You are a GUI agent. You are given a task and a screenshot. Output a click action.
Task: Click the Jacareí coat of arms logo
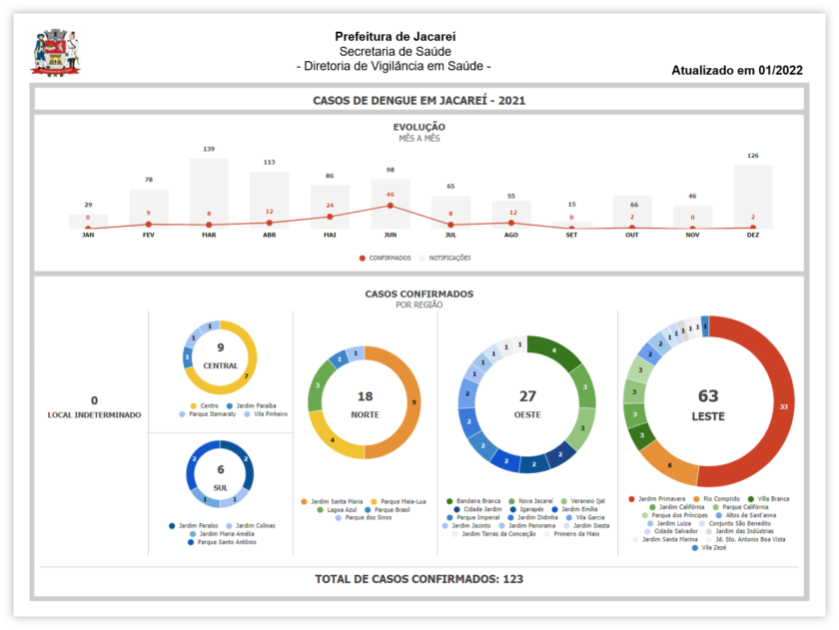pos(54,53)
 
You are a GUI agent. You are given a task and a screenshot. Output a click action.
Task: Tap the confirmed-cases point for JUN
pos(390,206)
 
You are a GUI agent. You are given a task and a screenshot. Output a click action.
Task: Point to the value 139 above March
pos(209,149)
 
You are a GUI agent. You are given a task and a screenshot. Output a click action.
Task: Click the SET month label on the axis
pos(571,236)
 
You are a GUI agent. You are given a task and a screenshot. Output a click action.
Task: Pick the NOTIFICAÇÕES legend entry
pos(446,258)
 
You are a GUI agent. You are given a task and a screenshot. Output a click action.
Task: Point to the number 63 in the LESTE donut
pos(708,396)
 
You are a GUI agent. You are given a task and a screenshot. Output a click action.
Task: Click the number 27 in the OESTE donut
pos(526,396)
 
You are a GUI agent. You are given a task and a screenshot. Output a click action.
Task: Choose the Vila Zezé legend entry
pos(711,547)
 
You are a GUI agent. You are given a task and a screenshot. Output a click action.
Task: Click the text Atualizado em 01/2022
pos(737,71)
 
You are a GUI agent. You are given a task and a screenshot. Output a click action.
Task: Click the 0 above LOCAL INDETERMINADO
pos(94,400)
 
